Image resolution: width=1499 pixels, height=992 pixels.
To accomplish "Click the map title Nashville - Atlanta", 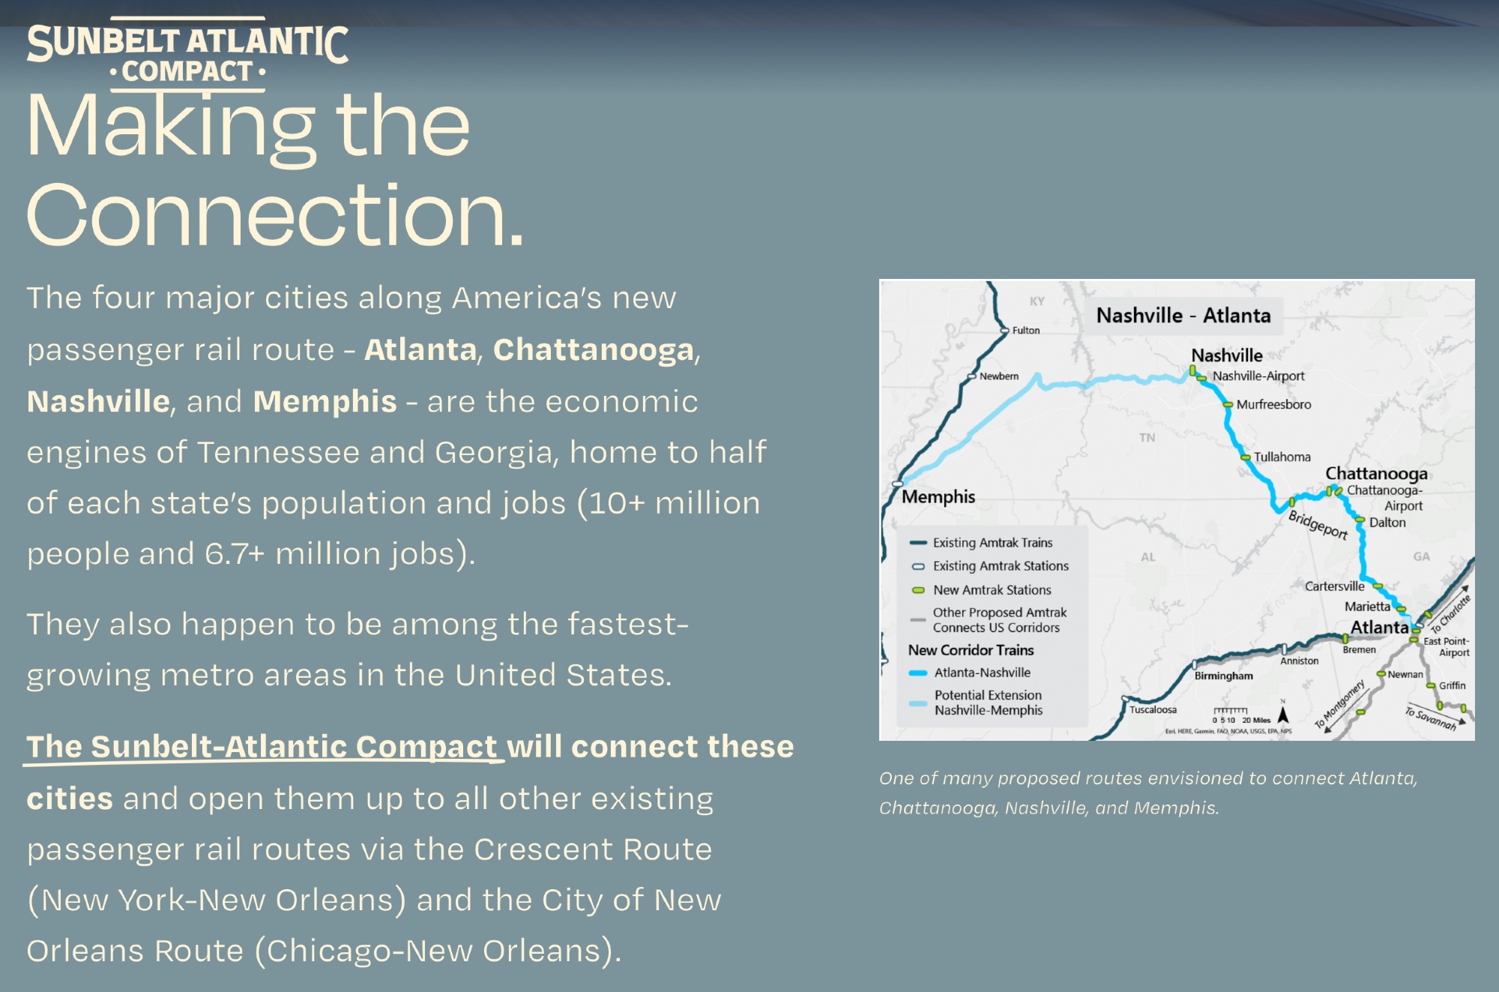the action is [x=1183, y=316].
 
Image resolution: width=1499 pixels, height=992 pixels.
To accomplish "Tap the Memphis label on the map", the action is [x=938, y=496].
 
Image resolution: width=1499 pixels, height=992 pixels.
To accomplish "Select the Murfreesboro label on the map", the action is [x=1273, y=404].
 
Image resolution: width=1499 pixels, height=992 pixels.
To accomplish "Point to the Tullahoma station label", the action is [x=1282, y=457].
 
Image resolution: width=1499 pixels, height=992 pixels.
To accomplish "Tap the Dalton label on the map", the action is [x=1387, y=523].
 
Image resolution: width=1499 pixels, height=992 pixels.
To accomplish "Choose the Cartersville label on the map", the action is [x=1335, y=586].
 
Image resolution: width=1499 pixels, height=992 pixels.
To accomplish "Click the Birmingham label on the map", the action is [x=1223, y=676].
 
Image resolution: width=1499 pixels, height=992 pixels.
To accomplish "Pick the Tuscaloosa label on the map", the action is [x=1153, y=709].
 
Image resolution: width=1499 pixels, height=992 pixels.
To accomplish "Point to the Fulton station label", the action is [x=1026, y=330].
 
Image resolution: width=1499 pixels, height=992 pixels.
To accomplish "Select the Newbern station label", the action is [x=999, y=376].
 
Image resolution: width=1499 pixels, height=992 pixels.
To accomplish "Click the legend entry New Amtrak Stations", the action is [x=992, y=590].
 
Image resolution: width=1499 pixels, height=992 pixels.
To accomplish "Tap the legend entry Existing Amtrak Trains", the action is [x=992, y=542].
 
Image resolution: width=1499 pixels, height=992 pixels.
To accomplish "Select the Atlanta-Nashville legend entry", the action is [x=982, y=673].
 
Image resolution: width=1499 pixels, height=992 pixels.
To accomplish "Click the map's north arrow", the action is [x=1283, y=714].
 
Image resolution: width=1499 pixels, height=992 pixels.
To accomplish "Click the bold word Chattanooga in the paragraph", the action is [x=594, y=349].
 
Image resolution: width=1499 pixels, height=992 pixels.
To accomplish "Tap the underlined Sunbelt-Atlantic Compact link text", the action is [x=262, y=747].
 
